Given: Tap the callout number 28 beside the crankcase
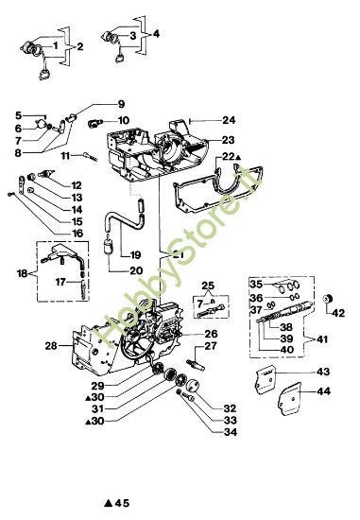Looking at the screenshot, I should tap(52, 345).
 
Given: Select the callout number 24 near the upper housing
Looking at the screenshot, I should tap(229, 120).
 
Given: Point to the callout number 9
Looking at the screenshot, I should tap(121, 103).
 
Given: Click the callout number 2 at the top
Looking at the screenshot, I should tap(79, 44).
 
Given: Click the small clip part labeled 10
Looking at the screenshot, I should tap(93, 123).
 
